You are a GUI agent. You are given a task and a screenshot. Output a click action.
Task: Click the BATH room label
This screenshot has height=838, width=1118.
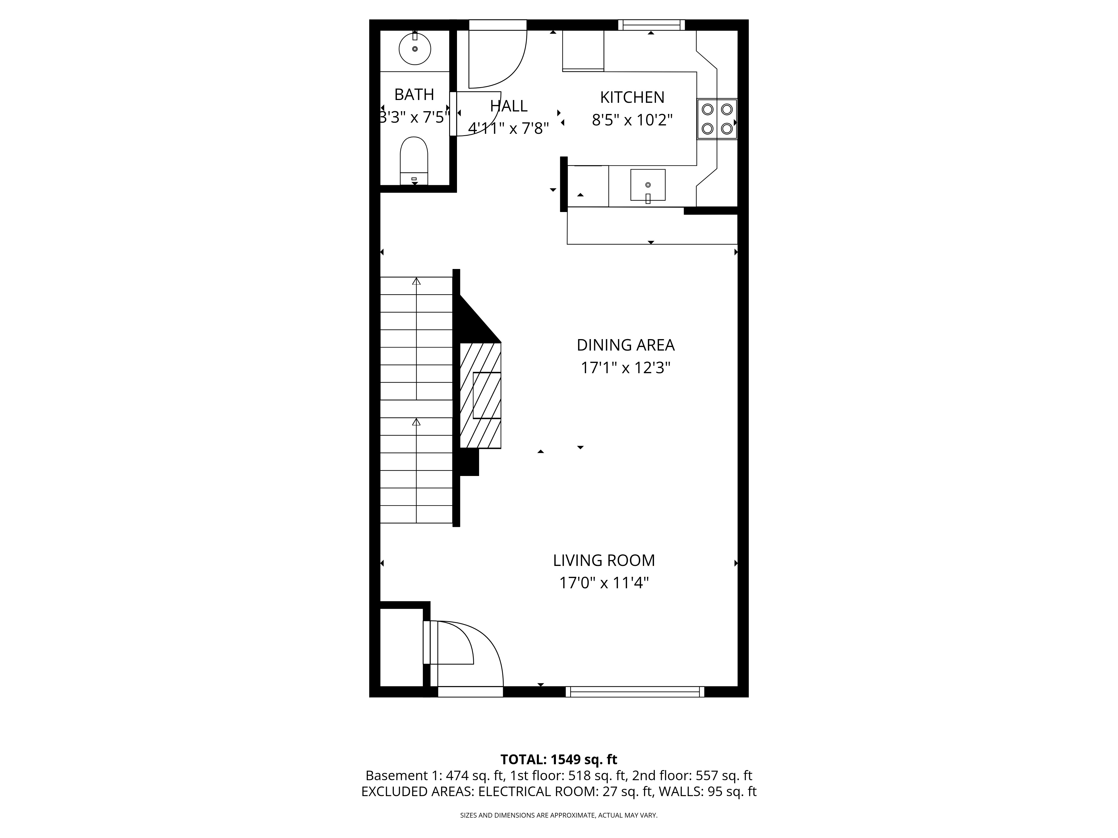[x=414, y=94]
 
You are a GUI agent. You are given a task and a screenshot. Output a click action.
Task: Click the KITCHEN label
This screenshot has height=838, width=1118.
[x=632, y=97]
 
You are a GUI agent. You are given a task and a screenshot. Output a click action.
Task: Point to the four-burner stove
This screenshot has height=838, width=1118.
[x=717, y=119]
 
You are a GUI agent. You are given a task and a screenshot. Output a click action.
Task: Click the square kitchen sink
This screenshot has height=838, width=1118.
[x=647, y=185]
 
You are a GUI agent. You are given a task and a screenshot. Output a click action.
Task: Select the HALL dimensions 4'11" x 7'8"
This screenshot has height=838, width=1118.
[x=508, y=128]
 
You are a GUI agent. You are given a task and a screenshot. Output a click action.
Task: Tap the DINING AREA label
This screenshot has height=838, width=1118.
[x=625, y=345]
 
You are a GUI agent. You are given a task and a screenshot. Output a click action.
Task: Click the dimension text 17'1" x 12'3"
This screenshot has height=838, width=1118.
[x=625, y=368]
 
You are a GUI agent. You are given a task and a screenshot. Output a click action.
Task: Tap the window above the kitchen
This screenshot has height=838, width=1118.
[x=651, y=25]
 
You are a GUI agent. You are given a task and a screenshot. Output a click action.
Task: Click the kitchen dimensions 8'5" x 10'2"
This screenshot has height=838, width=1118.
[x=632, y=120]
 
